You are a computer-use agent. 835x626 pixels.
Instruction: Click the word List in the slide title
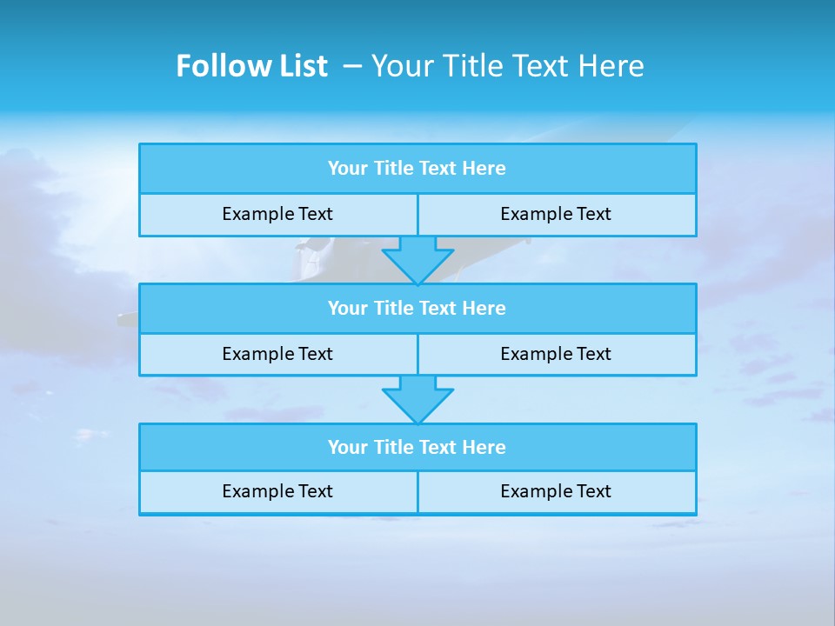click(297, 66)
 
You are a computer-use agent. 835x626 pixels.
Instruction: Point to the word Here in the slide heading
click(611, 66)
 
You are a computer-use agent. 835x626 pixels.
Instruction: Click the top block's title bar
click(417, 169)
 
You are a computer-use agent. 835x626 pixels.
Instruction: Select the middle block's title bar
click(417, 309)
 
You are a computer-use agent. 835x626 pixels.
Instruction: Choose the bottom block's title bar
click(417, 448)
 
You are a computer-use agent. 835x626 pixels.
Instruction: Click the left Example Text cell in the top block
click(277, 214)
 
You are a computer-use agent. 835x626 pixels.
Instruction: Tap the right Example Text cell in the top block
click(556, 214)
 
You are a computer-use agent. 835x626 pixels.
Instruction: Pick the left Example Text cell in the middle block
click(277, 354)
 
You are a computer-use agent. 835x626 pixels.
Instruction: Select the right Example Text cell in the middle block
click(556, 354)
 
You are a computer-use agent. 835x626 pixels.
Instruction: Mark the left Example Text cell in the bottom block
click(277, 491)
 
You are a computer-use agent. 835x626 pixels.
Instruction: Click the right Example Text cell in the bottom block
click(556, 491)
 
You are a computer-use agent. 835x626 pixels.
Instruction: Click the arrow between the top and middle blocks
click(417, 259)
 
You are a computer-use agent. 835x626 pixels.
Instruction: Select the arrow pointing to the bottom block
click(417, 399)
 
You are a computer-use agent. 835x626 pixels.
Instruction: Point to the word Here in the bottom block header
click(484, 448)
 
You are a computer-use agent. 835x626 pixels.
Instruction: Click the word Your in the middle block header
click(348, 309)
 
